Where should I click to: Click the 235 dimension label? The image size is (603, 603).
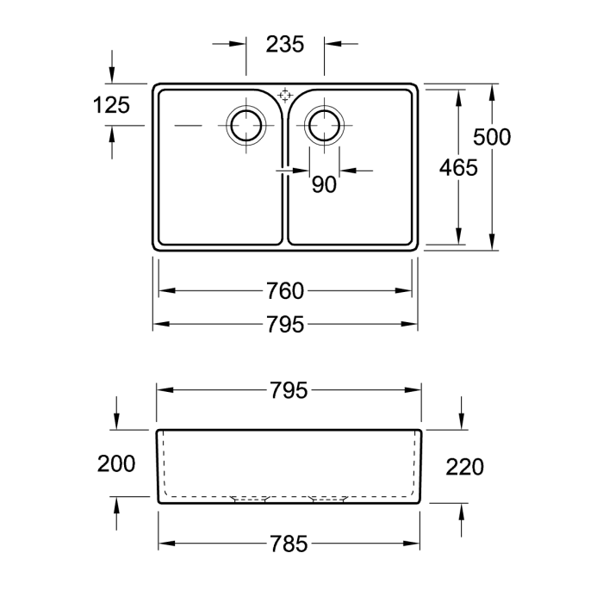[x=284, y=44]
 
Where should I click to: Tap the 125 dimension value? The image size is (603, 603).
[x=111, y=105]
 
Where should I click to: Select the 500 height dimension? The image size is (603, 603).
[x=492, y=137]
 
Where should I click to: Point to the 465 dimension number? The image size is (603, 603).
[x=458, y=168]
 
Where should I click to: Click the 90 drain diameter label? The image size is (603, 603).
[x=324, y=185]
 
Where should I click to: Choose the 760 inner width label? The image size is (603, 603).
[x=285, y=291]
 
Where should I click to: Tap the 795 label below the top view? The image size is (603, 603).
[x=285, y=325]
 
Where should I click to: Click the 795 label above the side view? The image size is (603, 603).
[x=289, y=390]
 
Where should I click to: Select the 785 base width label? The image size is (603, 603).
[x=289, y=544]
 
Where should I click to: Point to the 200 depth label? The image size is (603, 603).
[x=116, y=463]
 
